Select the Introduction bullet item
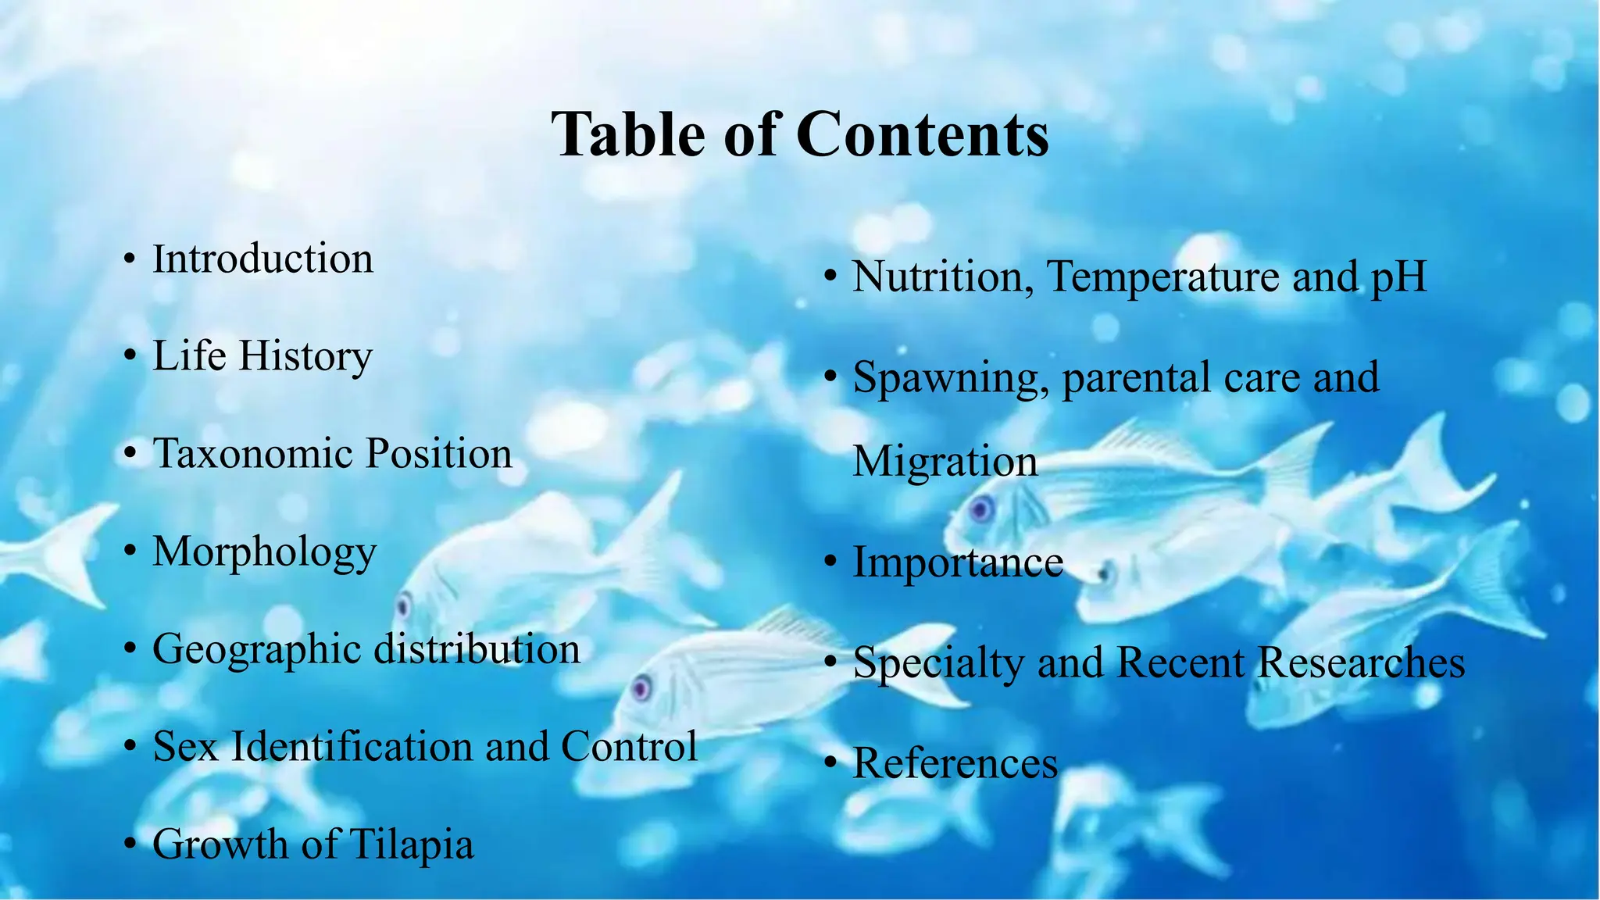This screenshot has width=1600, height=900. point(262,259)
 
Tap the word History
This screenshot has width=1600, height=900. point(305,357)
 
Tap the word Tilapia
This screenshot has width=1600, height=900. point(411,845)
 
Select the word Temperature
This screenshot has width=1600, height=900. point(1163,277)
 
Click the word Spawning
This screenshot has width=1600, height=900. point(950,378)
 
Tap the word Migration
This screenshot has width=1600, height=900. point(945,461)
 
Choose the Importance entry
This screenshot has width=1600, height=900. point(958,562)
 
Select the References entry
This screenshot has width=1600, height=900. point(955,763)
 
